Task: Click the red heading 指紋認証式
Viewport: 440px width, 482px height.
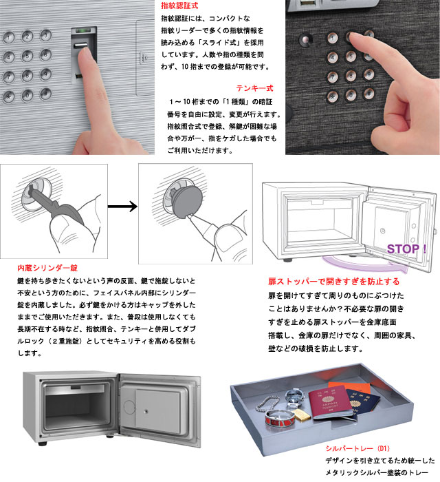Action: pyautogui.click(x=179, y=6)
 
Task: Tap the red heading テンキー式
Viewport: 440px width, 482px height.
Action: pyautogui.click(x=254, y=89)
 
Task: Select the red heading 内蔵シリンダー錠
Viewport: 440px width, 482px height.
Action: pyautogui.click(x=47, y=268)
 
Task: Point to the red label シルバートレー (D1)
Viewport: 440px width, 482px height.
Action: pyautogui.click(x=357, y=448)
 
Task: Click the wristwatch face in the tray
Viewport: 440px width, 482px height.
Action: pyautogui.click(x=295, y=396)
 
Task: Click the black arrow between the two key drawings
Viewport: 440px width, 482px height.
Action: pyautogui.click(x=122, y=207)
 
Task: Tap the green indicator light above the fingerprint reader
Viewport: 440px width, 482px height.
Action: pyautogui.click(x=83, y=30)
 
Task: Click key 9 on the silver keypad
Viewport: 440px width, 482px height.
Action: pyautogui.click(x=45, y=74)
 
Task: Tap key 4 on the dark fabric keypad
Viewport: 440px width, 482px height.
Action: pyautogui.click(x=332, y=57)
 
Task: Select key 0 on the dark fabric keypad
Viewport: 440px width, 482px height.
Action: pyautogui.click(x=351, y=95)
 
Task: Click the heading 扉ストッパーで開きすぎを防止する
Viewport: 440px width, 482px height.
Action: pyautogui.click(x=334, y=282)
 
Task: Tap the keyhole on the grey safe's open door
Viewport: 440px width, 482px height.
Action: pyautogui.click(x=146, y=411)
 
